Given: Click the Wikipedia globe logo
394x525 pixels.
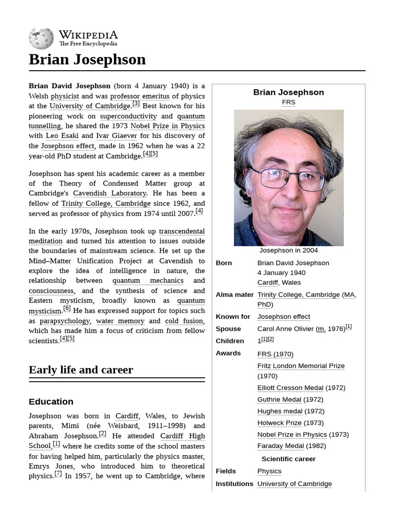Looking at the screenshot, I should pos(41,39).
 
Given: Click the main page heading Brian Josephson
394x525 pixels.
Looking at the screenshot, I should pos(87,59).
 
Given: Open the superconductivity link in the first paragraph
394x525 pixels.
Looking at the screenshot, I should pos(128,116).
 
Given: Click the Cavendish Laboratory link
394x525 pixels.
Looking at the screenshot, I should pos(109,193).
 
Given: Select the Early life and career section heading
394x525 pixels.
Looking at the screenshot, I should pos(81,370).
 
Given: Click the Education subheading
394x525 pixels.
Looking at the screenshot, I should pos(51,401).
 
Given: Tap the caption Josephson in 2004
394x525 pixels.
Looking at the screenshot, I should pos(288,251).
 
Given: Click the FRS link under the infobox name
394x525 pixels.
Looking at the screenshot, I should pos(288,103).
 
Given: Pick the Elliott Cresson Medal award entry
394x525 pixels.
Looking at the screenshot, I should pos(290,388).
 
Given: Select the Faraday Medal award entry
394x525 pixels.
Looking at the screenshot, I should pos(284,446).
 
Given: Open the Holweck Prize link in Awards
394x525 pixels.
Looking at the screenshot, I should pos(279,423).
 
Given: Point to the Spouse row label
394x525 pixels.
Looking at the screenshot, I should pos(228,329).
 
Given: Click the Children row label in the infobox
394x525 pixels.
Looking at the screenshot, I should pos(230,341).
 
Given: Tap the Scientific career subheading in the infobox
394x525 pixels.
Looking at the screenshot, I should pos(288,459).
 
